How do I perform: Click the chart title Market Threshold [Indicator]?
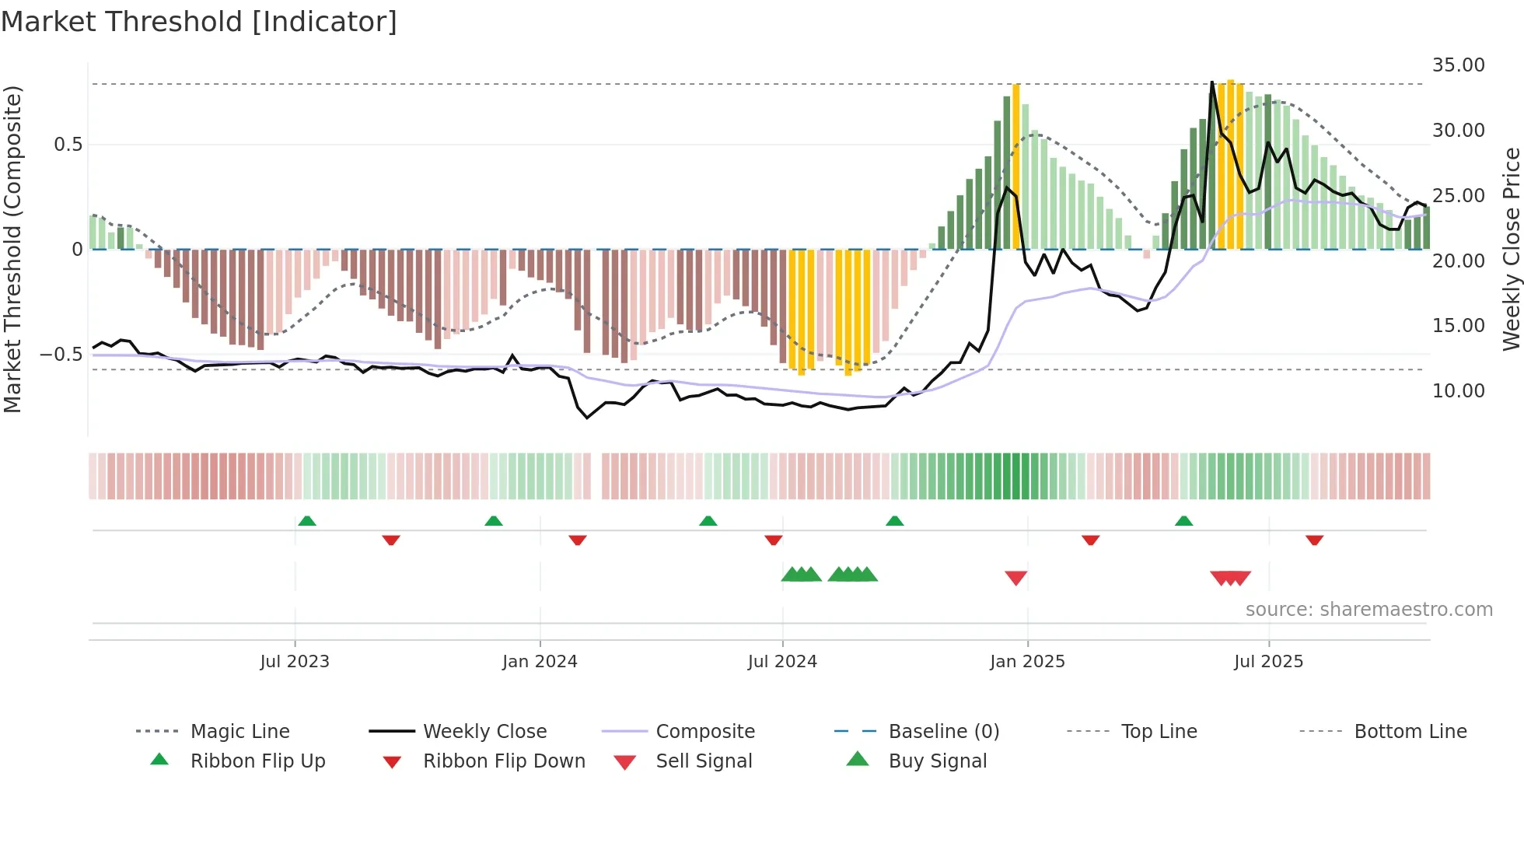tap(199, 22)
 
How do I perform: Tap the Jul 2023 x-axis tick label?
tap(295, 662)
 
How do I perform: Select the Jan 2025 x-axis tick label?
tap(1027, 662)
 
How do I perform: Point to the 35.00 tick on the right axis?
tap(1458, 65)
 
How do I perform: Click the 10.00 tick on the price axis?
tap(1458, 391)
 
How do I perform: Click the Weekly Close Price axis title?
tap(1511, 249)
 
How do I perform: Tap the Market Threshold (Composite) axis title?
tap(12, 249)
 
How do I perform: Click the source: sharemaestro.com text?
tap(1368, 610)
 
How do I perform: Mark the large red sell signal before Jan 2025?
tap(1015, 578)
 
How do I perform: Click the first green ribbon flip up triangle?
tap(307, 520)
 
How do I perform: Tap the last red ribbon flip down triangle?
tap(1314, 540)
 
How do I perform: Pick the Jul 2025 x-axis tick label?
tap(1268, 662)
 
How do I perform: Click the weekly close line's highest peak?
tap(1211, 82)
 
